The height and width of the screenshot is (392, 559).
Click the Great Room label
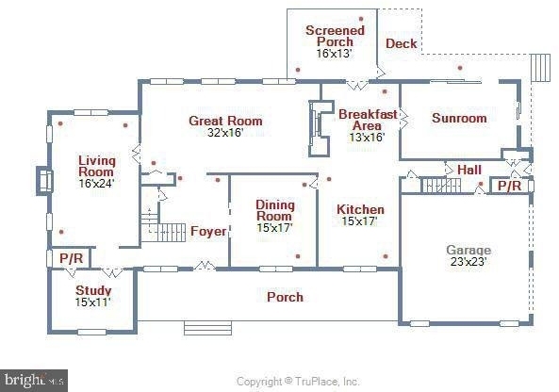click(x=225, y=121)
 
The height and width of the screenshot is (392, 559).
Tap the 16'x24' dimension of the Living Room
click(x=96, y=183)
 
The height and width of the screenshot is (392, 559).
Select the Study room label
click(x=93, y=290)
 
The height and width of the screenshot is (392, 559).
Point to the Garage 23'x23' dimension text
click(x=469, y=262)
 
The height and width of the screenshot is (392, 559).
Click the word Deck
click(x=402, y=43)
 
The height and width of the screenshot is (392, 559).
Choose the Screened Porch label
click(x=335, y=36)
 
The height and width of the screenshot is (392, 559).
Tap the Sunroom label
click(x=459, y=118)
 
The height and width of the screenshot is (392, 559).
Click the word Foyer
click(x=208, y=231)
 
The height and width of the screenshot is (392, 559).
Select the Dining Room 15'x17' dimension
click(x=275, y=227)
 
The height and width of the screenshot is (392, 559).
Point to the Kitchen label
click(x=360, y=209)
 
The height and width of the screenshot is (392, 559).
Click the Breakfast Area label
click(x=368, y=120)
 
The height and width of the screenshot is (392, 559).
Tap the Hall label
click(x=469, y=170)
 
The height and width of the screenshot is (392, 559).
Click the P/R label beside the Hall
click(x=509, y=186)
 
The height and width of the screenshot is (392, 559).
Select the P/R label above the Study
click(x=72, y=258)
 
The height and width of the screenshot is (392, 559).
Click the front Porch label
click(x=286, y=297)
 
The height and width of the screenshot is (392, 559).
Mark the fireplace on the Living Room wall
click(x=44, y=181)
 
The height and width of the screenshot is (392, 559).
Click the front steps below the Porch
click(x=207, y=328)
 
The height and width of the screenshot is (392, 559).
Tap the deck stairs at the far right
click(x=540, y=67)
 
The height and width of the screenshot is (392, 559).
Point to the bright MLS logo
click(x=34, y=381)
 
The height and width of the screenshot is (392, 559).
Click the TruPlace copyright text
click(x=298, y=382)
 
